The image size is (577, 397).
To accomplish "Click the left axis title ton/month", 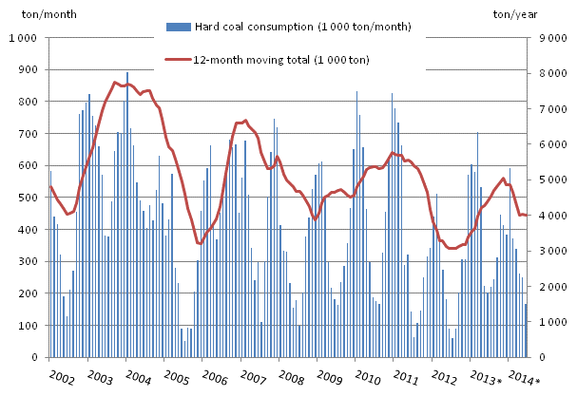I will pos(29,12).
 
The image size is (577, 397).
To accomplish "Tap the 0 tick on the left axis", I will pos(36,358).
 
